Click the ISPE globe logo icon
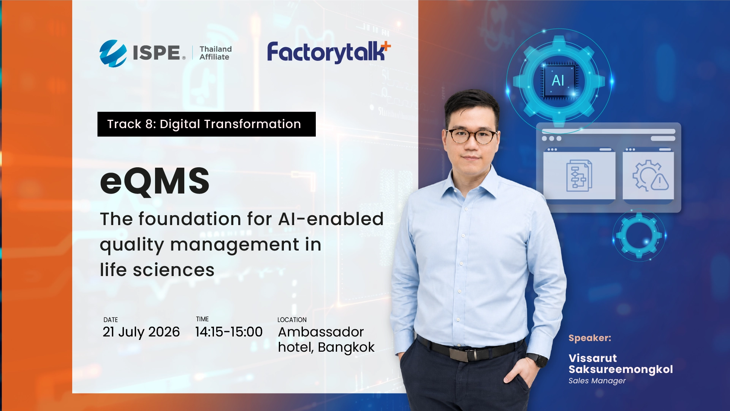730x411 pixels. [x=113, y=53]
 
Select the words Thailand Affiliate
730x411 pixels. [x=215, y=53]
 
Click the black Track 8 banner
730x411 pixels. [x=206, y=124]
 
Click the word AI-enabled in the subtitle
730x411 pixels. [x=331, y=219]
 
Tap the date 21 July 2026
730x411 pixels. [x=141, y=332]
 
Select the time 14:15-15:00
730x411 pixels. [x=229, y=332]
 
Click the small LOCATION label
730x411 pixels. [x=292, y=320]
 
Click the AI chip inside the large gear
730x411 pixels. [x=558, y=81]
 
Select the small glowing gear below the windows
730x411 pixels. [x=639, y=235]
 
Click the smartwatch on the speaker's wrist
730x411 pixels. [x=537, y=360]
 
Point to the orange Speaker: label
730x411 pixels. [x=590, y=338]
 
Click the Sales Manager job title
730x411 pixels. [x=597, y=381]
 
